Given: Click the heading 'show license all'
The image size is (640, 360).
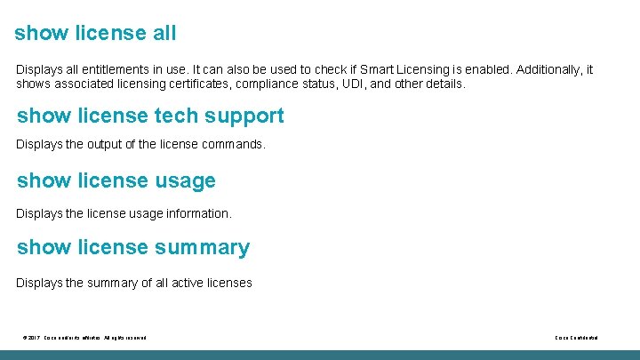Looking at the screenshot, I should tap(95, 34).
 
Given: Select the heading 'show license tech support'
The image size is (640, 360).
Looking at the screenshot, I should tap(150, 116).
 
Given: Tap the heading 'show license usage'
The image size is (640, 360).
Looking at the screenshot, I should tap(116, 181).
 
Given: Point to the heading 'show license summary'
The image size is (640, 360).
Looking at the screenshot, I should tap(133, 247).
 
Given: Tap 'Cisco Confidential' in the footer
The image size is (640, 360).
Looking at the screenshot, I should tap(576, 338).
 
